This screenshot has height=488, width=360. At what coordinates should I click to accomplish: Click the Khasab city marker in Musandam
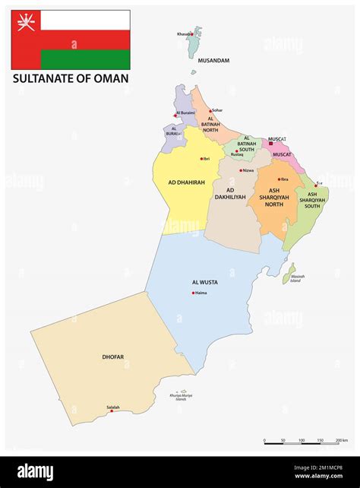pos(192,33)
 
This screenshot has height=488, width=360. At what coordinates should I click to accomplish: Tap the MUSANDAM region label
pos(213,60)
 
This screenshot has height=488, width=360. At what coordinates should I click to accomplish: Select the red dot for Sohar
pos(210,111)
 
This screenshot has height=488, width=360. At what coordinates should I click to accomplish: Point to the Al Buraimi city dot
pos(175,116)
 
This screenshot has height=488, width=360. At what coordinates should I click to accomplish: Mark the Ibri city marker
pos(201,159)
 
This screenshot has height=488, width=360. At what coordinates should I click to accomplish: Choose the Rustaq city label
pos(238,154)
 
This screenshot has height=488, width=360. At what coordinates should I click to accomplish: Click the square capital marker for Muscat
pos(271,143)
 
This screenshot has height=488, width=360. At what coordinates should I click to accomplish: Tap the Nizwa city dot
pos(241,170)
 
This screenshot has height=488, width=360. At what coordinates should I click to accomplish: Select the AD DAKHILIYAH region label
pos(230,195)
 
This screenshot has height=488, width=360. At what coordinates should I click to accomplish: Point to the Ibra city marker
pos(278,179)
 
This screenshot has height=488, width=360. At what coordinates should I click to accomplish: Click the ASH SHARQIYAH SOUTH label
pos(312,200)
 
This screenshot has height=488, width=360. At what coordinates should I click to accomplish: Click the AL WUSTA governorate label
pos(204,282)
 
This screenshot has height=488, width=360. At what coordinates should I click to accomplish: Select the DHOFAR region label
pos(112,356)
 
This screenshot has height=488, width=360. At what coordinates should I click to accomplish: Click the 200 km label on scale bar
pos(341,440)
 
